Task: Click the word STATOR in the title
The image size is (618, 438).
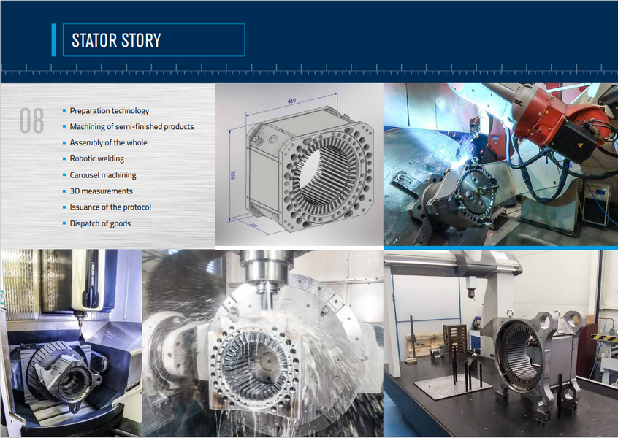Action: (94, 40)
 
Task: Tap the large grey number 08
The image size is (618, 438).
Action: (31, 121)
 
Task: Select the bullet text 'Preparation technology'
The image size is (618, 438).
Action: (110, 111)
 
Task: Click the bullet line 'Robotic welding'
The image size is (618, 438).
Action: (97, 159)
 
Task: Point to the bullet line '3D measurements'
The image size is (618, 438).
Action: (102, 191)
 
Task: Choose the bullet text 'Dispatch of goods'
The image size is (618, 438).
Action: (100, 223)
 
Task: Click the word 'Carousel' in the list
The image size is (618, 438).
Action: (85, 175)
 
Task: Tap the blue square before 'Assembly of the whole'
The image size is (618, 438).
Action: (64, 143)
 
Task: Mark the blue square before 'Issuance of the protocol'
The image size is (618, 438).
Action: (64, 207)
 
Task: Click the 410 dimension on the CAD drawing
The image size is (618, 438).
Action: (291, 100)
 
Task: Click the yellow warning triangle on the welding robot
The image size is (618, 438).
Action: (579, 146)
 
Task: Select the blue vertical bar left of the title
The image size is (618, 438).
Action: (53, 40)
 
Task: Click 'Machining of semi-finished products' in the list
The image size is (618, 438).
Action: (131, 127)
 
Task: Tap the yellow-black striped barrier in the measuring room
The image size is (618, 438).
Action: (603, 337)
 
